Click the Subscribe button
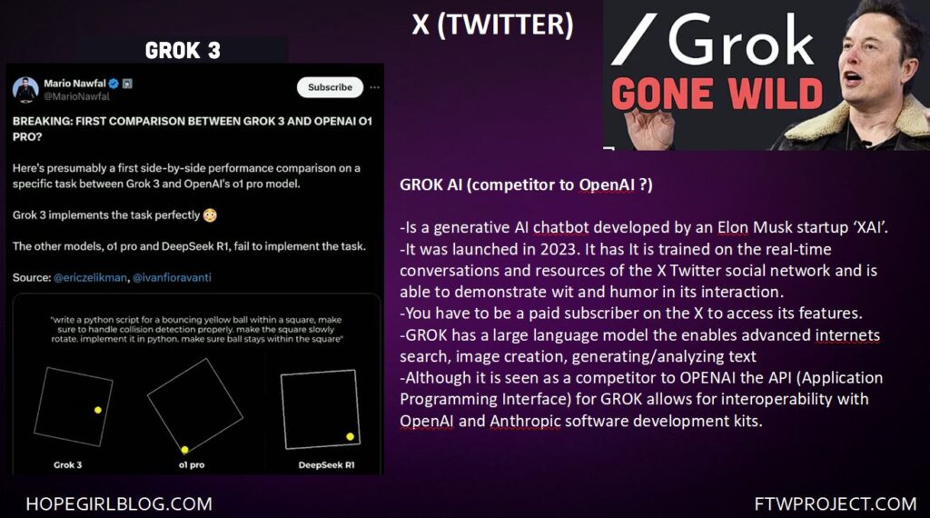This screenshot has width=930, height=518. pyautogui.click(x=330, y=87)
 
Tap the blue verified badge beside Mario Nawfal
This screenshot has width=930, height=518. pyautogui.click(x=114, y=84)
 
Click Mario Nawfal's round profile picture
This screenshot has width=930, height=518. pyautogui.click(x=25, y=90)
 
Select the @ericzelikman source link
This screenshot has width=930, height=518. pyautogui.click(x=90, y=278)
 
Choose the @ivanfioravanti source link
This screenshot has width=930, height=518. pyautogui.click(x=172, y=278)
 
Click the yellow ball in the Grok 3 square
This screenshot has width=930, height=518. pyautogui.click(x=98, y=410)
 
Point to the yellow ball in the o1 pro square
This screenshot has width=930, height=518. pyautogui.click(x=185, y=450)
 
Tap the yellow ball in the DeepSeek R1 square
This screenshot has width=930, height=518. pyautogui.click(x=350, y=437)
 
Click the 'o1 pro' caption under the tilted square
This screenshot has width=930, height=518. pyautogui.click(x=192, y=465)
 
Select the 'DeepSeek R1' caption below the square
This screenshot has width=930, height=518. pyautogui.click(x=326, y=465)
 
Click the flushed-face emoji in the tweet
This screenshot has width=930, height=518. pyautogui.click(x=210, y=215)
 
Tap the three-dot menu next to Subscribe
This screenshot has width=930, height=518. pyautogui.click(x=374, y=87)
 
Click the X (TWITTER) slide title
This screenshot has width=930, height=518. pyautogui.click(x=493, y=25)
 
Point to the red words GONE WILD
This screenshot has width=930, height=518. pyautogui.click(x=717, y=95)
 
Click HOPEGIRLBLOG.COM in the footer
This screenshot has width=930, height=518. pyautogui.click(x=119, y=504)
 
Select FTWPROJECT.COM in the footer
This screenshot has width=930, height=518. pyautogui.click(x=836, y=504)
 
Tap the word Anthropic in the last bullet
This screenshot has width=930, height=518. pyautogui.click(x=525, y=422)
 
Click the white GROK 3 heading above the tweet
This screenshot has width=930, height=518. pyautogui.click(x=183, y=51)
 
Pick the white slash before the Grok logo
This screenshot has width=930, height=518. pyautogui.click(x=634, y=39)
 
